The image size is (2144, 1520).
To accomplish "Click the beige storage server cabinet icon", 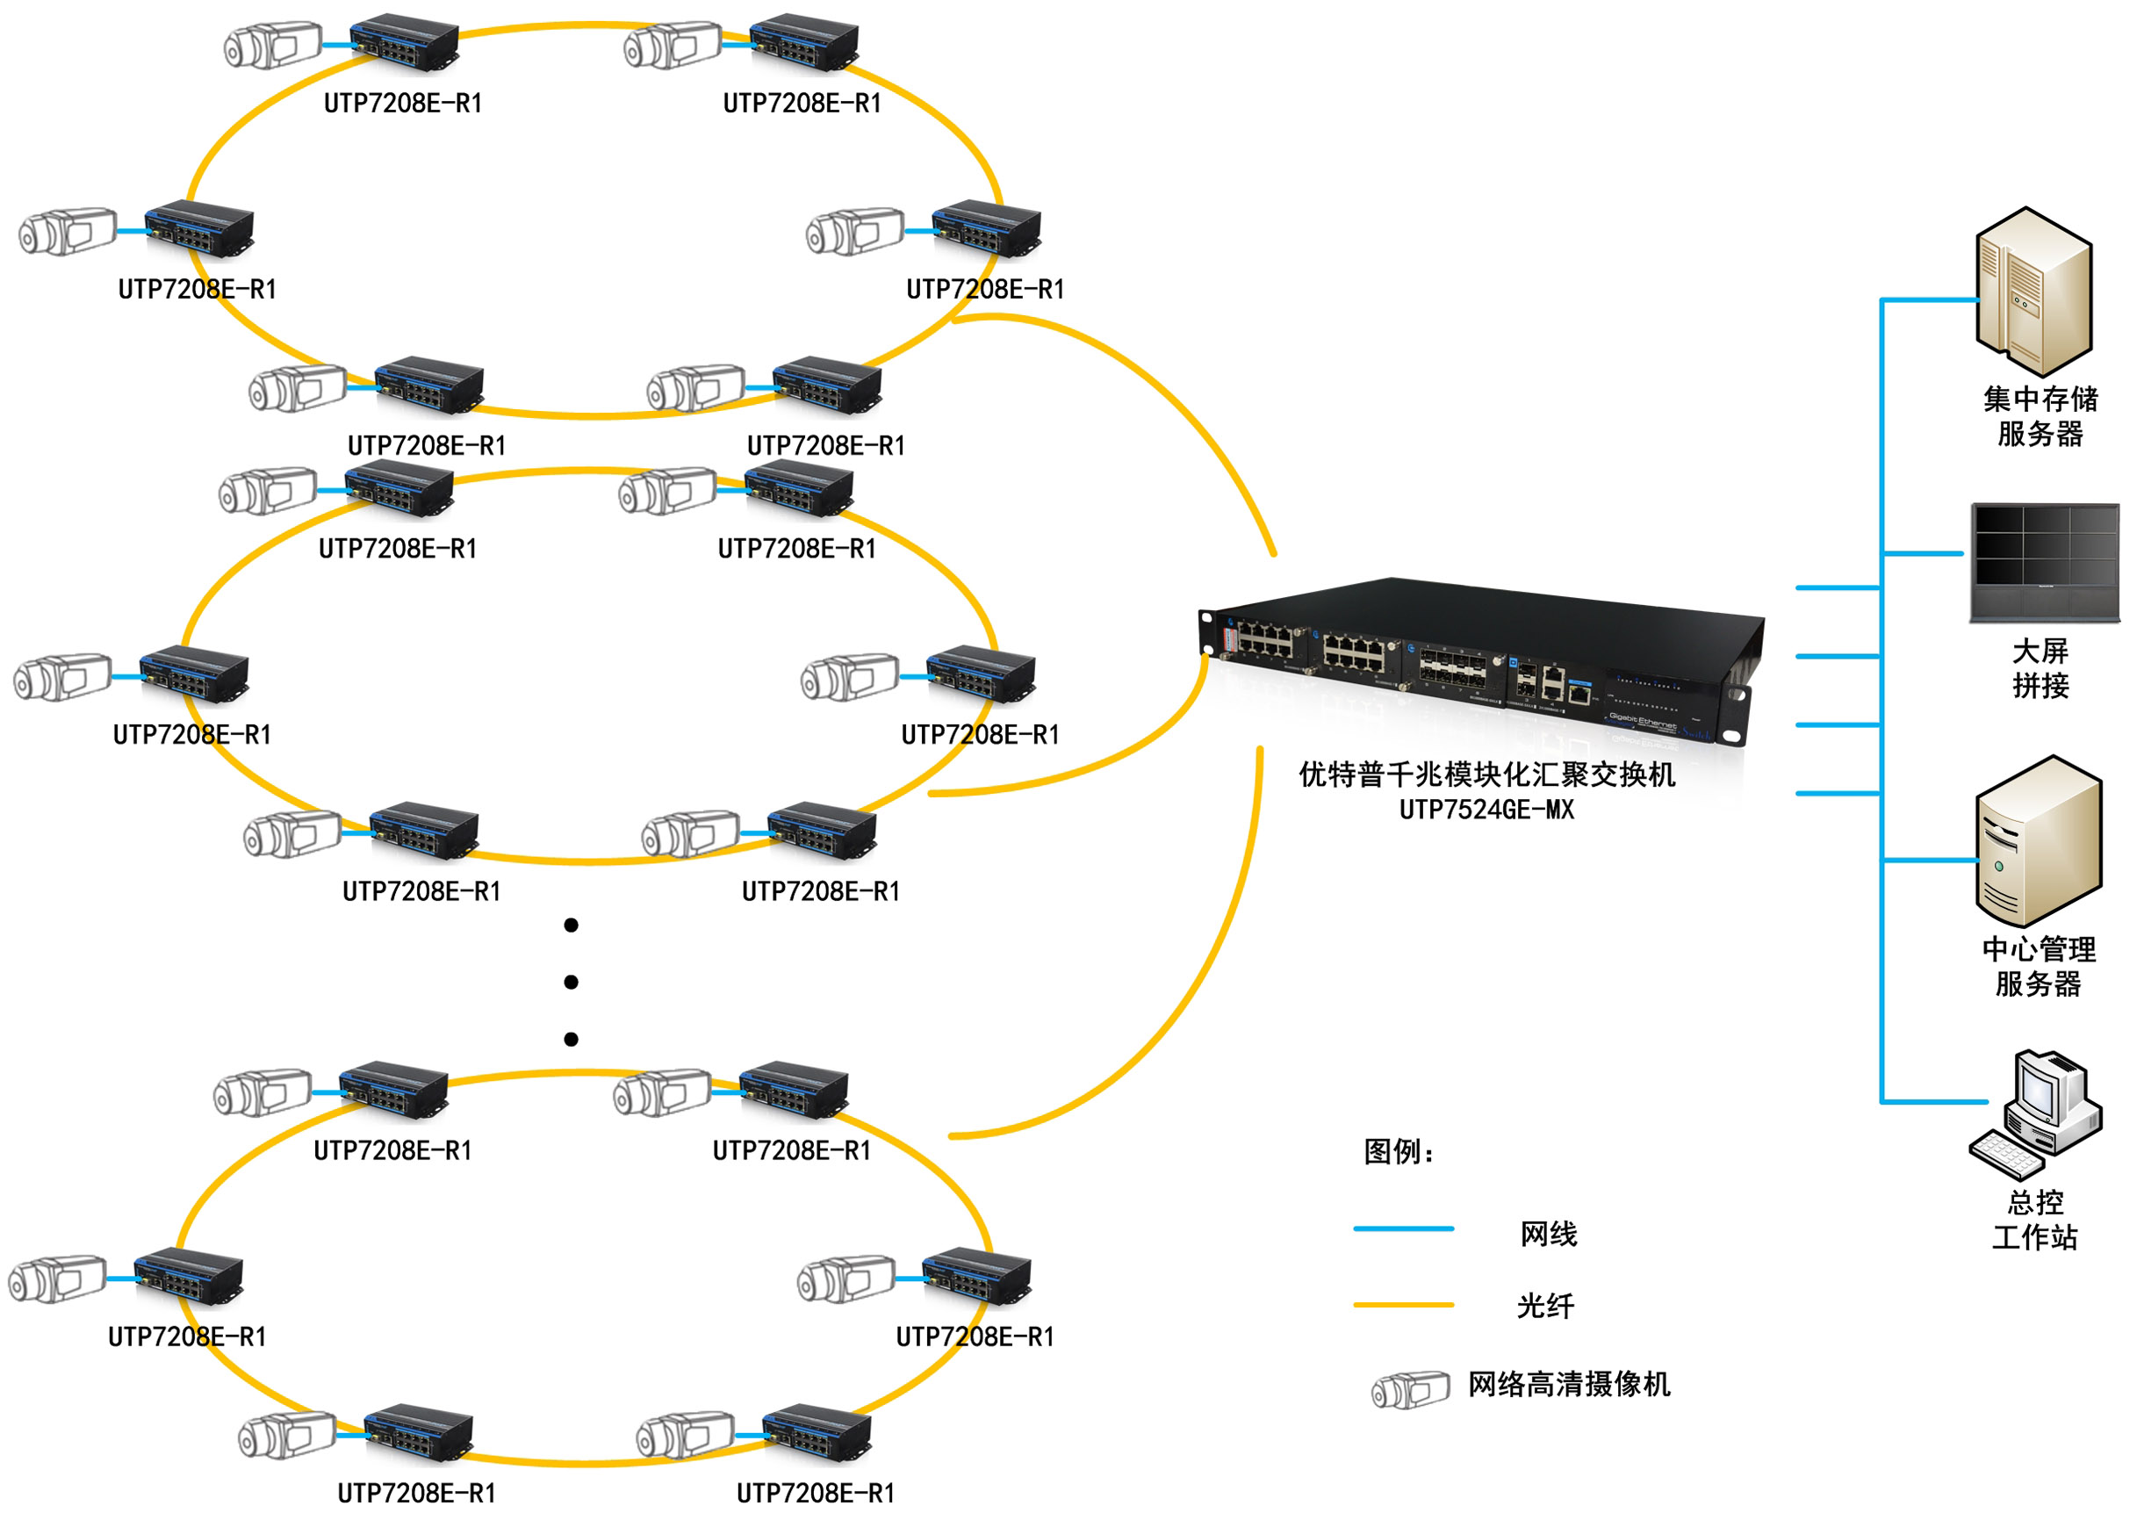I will point(2032,292).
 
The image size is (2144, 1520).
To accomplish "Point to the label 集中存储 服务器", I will point(2040,416).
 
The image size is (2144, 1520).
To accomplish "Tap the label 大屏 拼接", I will point(2040,668).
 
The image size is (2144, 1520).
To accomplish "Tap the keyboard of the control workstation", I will point(2005,1153).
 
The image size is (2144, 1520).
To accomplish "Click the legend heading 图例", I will point(1398,1151).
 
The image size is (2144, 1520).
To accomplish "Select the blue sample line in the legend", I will point(1403,1228).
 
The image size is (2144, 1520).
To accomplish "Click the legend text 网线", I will point(1548,1234).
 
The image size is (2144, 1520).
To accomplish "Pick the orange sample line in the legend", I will point(1403,1304).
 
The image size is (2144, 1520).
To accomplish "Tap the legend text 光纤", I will point(1545,1306).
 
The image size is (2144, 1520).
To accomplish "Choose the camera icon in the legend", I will point(1409,1389).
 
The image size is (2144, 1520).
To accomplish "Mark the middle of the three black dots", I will point(571,982).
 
